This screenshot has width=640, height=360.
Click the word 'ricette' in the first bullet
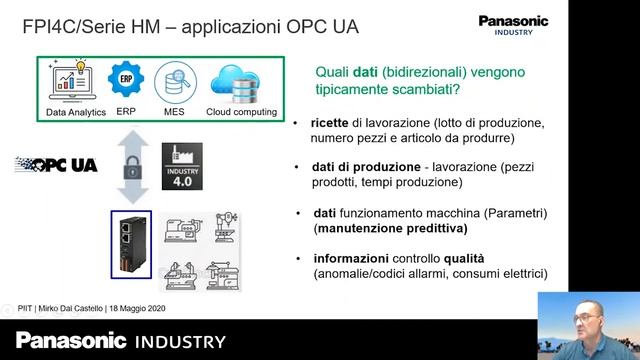pos(331,122)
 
